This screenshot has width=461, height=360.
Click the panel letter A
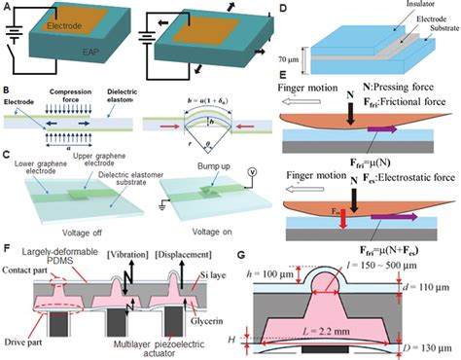point(8,8)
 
